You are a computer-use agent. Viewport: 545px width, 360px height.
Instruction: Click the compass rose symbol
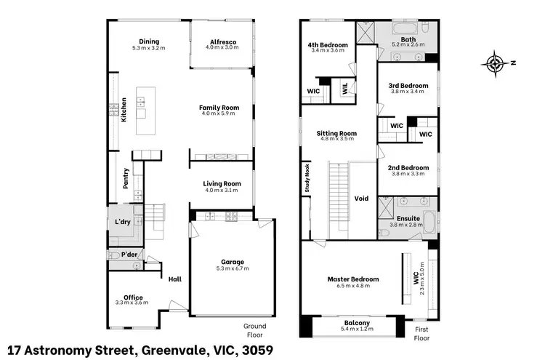pyautogui.click(x=496, y=64)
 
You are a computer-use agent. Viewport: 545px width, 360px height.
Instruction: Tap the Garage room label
pyautogui.click(x=233, y=262)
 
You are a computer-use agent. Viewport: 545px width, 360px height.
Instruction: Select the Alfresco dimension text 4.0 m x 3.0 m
pyautogui.click(x=222, y=47)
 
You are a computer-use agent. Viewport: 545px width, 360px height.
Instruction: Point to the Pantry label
pyautogui.click(x=126, y=179)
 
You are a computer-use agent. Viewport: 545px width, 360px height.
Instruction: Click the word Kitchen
pyautogui.click(x=124, y=110)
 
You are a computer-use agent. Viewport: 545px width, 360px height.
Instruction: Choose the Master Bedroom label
pyautogui.click(x=353, y=279)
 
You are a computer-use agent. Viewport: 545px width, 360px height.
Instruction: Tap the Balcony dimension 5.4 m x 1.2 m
pyautogui.click(x=358, y=329)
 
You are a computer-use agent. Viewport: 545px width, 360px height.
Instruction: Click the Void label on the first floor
pyautogui.click(x=361, y=199)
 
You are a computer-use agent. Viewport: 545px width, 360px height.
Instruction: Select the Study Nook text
pyautogui.click(x=307, y=178)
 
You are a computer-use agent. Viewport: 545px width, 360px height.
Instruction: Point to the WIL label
pyautogui.click(x=344, y=89)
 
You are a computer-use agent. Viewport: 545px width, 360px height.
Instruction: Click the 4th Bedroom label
pyautogui.click(x=328, y=45)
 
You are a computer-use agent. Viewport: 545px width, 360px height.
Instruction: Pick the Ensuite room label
pyautogui.click(x=408, y=218)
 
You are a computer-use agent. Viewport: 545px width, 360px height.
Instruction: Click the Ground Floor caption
pyautogui.click(x=255, y=330)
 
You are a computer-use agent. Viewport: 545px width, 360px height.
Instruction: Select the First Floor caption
pyautogui.click(x=421, y=334)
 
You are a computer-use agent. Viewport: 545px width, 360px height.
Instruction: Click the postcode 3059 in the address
pyautogui.click(x=257, y=351)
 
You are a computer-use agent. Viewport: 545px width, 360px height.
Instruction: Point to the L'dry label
pyautogui.click(x=123, y=222)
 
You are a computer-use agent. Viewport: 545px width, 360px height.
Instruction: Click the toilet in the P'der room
pyautogui.click(x=114, y=256)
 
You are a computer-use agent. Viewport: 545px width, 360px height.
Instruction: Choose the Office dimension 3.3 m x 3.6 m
pyautogui.click(x=132, y=303)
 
